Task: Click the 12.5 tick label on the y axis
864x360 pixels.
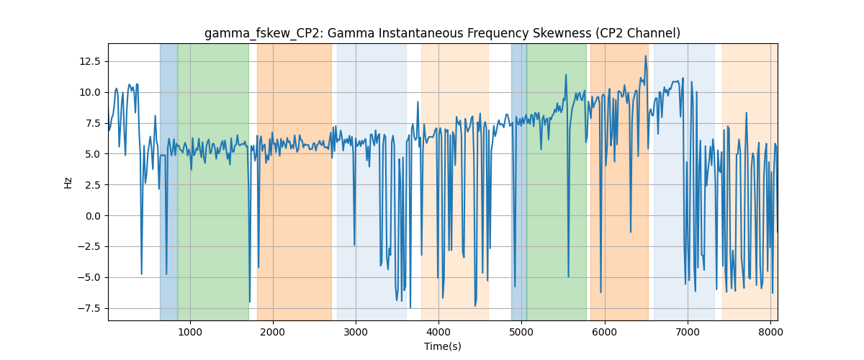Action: (90, 62)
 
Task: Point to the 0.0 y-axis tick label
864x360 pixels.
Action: (93, 216)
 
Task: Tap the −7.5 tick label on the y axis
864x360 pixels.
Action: (89, 309)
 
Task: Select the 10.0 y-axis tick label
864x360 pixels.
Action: (90, 93)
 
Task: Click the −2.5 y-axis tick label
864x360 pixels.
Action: (89, 247)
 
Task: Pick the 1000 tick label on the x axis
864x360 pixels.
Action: (190, 332)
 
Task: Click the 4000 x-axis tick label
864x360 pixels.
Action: (439, 332)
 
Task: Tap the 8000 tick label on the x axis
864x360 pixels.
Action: (770, 332)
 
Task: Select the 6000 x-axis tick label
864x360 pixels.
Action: (605, 332)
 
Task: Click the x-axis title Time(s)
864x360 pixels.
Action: (443, 346)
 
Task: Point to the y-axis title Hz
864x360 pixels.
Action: (68, 183)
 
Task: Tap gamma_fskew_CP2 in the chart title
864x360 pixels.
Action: (264, 34)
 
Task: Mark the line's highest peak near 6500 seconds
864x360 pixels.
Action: (645, 56)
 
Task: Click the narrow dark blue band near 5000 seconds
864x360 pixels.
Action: (519, 182)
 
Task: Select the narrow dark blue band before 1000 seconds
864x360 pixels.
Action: (169, 182)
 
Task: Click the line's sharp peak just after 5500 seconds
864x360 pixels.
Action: (566, 75)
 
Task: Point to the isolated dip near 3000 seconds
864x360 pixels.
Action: (354, 245)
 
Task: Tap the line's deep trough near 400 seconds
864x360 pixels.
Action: (142, 274)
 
